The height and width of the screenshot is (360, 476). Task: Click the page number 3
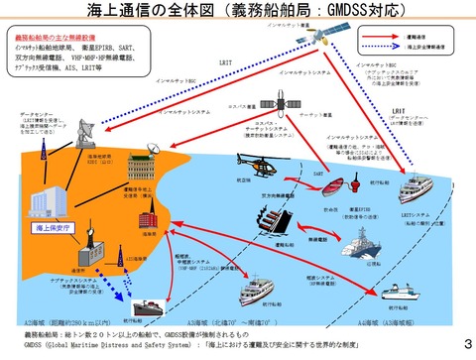[465, 344]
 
